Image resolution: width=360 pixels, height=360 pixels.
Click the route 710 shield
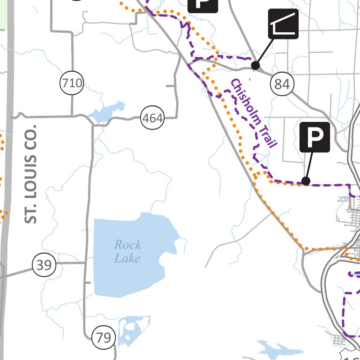(72, 84)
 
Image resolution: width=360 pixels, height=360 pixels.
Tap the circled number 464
(153, 118)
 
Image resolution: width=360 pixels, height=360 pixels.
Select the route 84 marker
(282, 84)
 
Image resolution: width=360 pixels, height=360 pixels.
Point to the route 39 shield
(44, 265)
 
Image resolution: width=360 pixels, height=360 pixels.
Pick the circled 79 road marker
(104, 337)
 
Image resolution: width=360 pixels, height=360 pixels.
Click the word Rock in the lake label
(127, 245)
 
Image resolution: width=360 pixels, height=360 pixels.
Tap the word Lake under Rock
(127, 258)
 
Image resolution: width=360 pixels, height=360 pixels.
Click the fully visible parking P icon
(315, 137)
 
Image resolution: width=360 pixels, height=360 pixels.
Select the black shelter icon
(283, 23)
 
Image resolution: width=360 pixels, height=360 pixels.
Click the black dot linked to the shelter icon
(255, 65)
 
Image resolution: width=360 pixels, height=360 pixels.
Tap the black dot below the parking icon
(306, 181)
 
